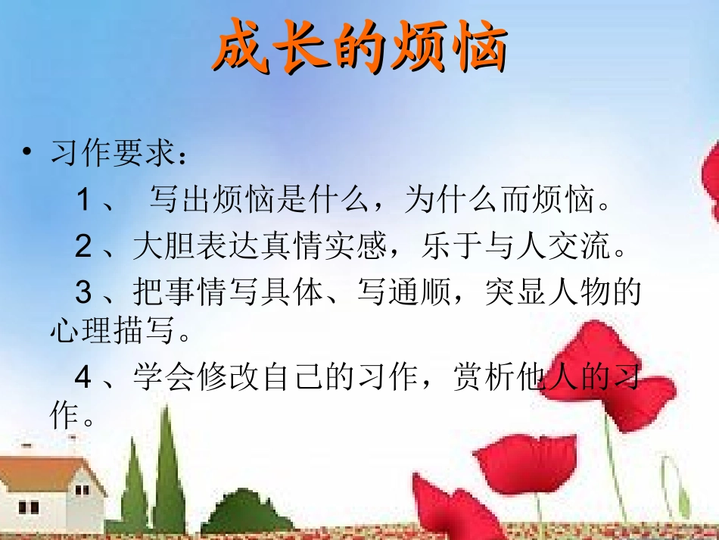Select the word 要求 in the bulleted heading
coord(138,155)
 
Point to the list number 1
coord(84,201)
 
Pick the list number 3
coord(84,292)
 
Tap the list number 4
coord(84,377)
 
